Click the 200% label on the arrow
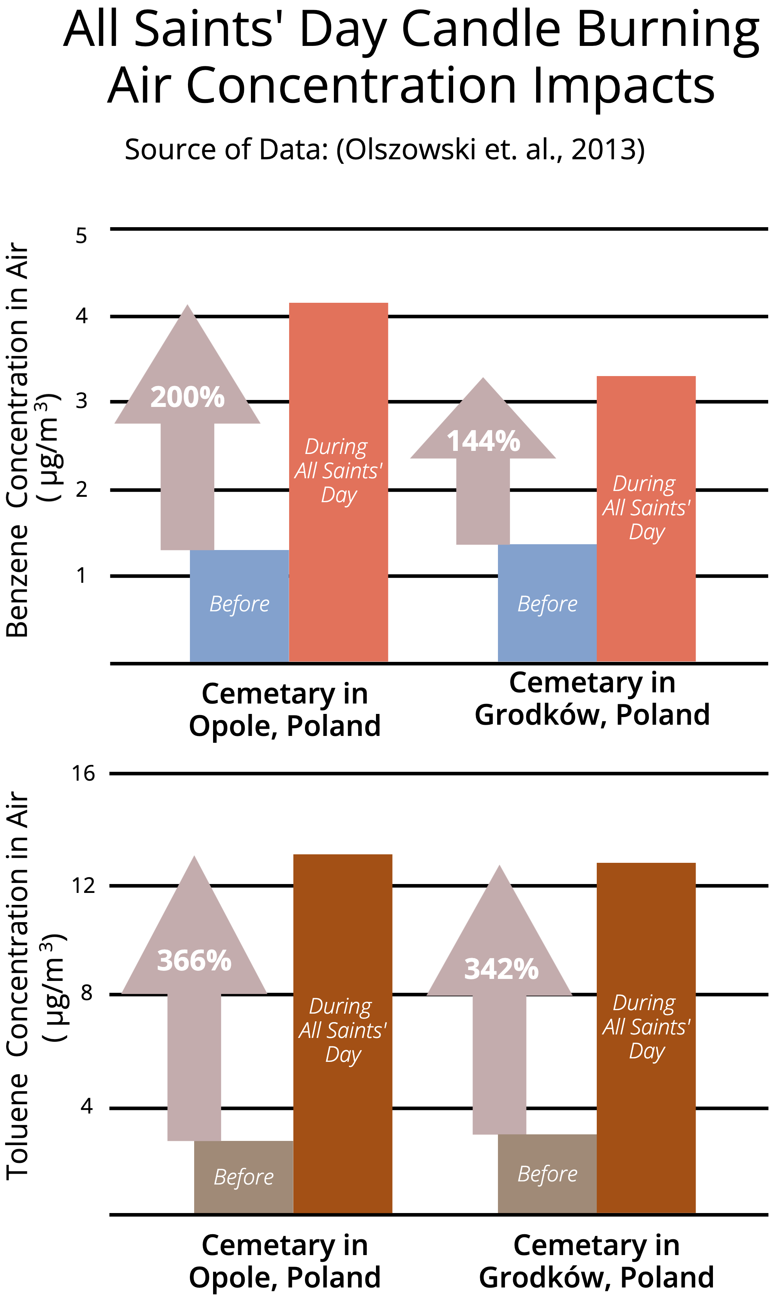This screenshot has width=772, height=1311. (188, 397)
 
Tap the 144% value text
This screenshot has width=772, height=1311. (483, 441)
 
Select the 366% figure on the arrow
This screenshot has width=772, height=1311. (194, 960)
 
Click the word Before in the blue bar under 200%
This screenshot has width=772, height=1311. (239, 604)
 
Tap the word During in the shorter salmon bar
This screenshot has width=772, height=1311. (644, 484)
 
